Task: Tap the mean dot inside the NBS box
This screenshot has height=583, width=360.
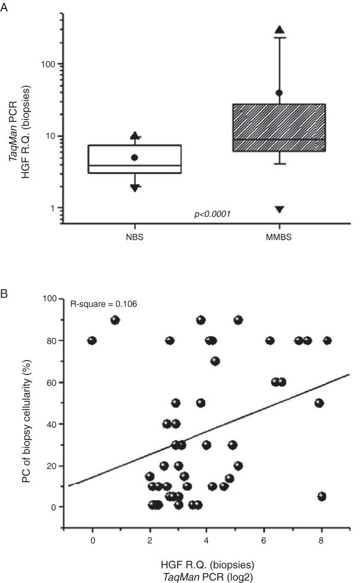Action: (135, 157)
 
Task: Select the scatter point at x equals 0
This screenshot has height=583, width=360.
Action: (92, 341)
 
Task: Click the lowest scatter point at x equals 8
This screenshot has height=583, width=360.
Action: (322, 496)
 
